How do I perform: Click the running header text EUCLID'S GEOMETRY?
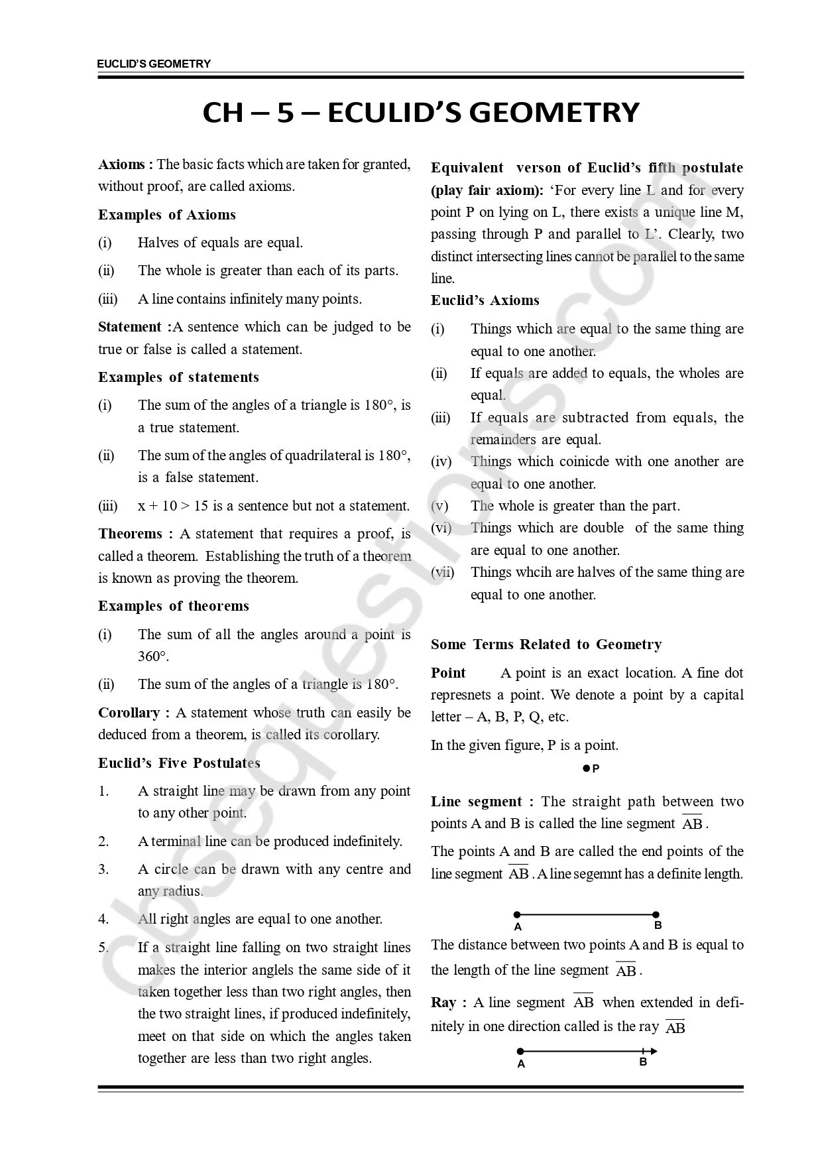[x=154, y=64]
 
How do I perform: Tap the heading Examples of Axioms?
[x=167, y=215]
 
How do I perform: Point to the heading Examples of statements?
[x=178, y=377]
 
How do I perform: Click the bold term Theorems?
[x=131, y=534]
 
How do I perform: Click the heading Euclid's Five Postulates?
[x=179, y=763]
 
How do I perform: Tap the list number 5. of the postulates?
[x=103, y=948]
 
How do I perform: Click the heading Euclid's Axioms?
[x=485, y=300]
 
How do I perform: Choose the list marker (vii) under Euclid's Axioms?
[x=442, y=572]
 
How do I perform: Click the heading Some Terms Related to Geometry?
[x=546, y=644]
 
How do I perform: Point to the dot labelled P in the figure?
[x=586, y=768]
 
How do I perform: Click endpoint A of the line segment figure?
[x=517, y=914]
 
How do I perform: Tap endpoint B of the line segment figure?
[x=656, y=914]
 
